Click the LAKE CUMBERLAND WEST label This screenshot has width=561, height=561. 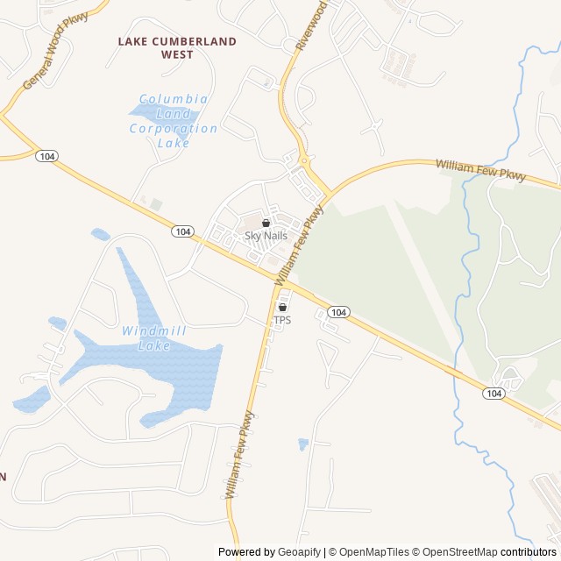[x=177, y=47]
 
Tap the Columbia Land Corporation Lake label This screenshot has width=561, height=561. [x=174, y=121]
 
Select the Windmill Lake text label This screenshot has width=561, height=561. [x=153, y=337]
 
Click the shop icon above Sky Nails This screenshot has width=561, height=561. [x=266, y=224]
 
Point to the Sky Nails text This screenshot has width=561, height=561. [x=266, y=236]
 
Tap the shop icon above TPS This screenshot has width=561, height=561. [x=282, y=308]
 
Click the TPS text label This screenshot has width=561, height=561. [x=282, y=320]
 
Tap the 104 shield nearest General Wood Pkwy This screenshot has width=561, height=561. [x=47, y=156]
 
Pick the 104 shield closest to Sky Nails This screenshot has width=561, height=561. [x=182, y=231]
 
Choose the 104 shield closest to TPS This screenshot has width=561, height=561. [x=339, y=312]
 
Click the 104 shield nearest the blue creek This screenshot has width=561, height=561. [x=494, y=394]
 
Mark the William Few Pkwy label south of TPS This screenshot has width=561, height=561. [x=239, y=454]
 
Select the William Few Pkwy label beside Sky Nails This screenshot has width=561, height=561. [x=299, y=245]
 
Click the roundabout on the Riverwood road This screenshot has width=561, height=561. [x=304, y=160]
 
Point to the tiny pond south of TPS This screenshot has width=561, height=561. [x=303, y=444]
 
